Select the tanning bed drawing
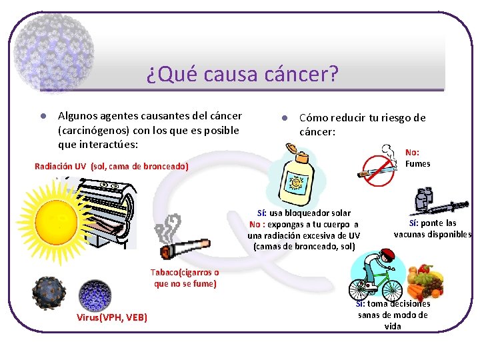[107, 207]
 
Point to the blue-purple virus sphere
[95, 295]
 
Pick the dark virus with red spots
[49, 293]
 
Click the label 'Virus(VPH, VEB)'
[112, 317]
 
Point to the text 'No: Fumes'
[417, 158]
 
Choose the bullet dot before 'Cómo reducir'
[283, 118]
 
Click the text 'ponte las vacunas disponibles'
[433, 229]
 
